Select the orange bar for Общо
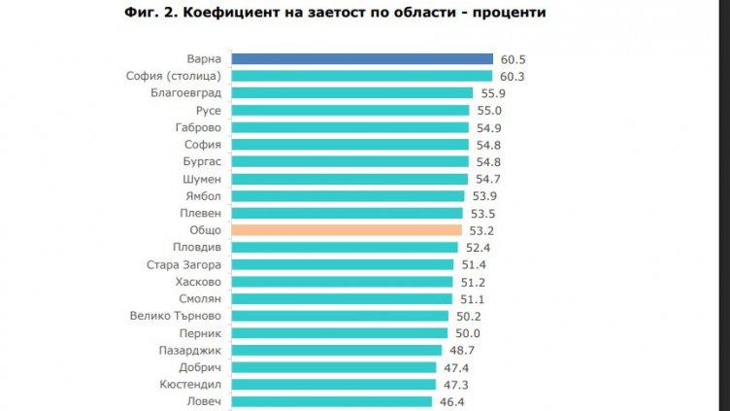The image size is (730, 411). click(346, 230)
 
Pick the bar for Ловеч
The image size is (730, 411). click(331, 401)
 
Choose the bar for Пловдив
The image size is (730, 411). click(344, 248)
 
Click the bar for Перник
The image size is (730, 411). click(339, 333)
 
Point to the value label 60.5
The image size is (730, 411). click(513, 59)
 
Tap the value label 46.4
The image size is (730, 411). click(451, 401)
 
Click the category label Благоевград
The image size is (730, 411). click(186, 93)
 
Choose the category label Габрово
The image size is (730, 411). click(197, 127)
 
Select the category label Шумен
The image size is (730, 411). click(201, 179)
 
